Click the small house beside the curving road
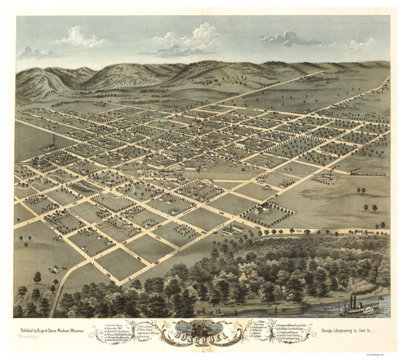tap(55, 269)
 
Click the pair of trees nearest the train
tap(369, 208)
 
